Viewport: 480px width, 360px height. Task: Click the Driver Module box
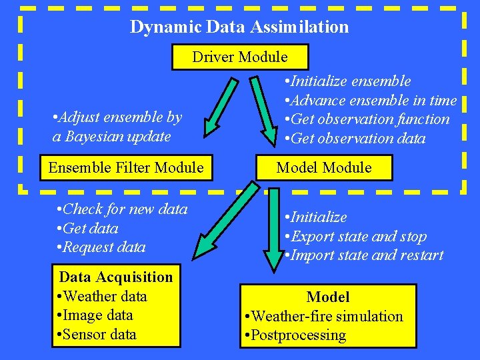point(240,57)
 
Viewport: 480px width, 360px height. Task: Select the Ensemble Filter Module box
point(126,167)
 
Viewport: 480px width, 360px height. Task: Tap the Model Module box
point(324,167)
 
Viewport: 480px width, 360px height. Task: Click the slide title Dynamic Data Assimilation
point(239,27)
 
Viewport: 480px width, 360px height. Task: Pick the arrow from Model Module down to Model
point(273,227)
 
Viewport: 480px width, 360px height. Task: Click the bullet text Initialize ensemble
point(347,81)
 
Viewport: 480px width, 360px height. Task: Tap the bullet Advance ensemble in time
point(371,101)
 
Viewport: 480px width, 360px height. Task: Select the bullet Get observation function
point(367,119)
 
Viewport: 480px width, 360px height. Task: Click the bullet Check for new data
point(123,209)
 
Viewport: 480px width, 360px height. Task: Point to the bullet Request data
point(102,247)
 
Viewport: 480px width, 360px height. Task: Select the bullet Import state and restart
point(364,255)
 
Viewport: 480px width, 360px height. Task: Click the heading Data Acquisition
point(116,277)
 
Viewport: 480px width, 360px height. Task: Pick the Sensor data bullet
point(98,334)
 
